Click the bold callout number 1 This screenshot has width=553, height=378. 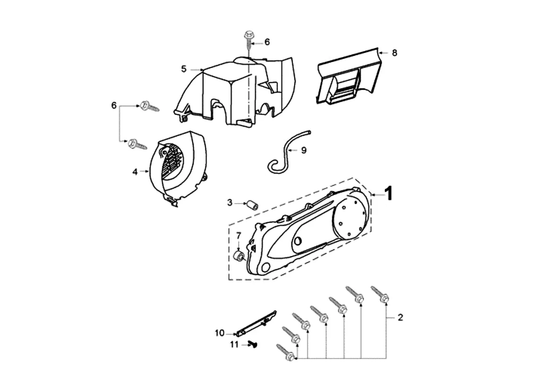(x=388, y=193)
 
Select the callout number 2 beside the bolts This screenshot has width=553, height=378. (x=400, y=318)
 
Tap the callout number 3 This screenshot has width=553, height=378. (x=230, y=203)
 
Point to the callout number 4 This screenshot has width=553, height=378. (x=135, y=172)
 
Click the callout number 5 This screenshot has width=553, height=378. (x=184, y=69)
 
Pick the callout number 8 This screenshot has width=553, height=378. (x=394, y=52)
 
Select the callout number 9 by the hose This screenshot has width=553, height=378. (x=304, y=150)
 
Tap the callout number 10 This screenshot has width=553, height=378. (x=220, y=333)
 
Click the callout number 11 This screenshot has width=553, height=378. (x=235, y=345)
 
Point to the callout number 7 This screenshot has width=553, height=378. (x=238, y=235)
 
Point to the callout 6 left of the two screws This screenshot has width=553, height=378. (x=114, y=105)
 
